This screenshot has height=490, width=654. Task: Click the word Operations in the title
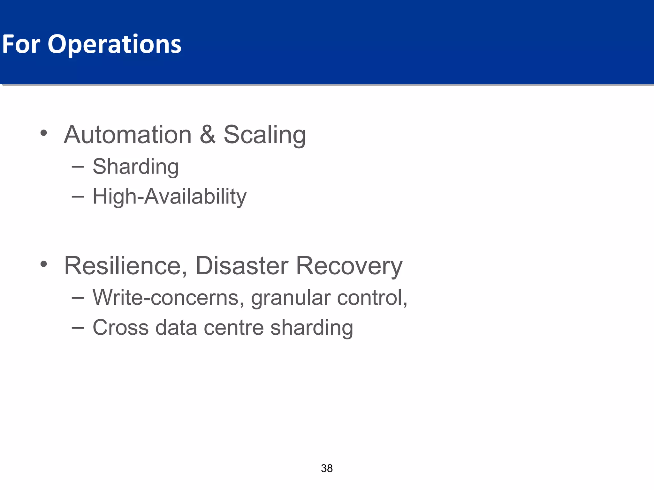pos(114,45)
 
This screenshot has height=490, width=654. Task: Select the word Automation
pos(128,135)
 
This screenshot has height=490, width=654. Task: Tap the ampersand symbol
pos(208,135)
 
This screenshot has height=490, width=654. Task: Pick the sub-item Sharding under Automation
pos(135,167)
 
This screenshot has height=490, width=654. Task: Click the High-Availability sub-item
pos(169,197)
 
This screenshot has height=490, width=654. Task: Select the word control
pos(372,297)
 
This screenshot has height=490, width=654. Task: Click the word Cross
pos(121,328)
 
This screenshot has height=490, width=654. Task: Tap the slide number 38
pos(327,468)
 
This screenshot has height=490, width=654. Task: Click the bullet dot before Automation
pos(44,133)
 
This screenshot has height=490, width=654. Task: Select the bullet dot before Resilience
pos(44,264)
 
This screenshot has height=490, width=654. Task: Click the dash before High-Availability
pos(78,197)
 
